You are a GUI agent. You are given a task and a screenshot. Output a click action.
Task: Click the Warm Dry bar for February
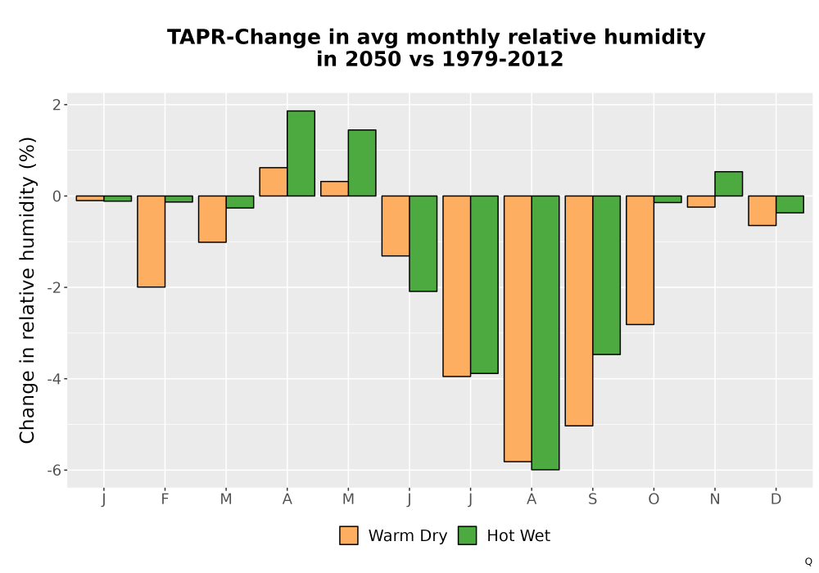pos(152,241)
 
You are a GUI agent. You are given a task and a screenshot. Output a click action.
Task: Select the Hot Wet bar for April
pos(301,153)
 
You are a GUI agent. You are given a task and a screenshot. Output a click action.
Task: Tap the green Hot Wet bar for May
pos(362,163)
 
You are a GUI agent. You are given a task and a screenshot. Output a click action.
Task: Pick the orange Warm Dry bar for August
pos(518,329)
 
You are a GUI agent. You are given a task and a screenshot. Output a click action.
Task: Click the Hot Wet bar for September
pos(606,275)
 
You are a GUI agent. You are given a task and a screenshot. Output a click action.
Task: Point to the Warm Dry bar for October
pos(640,260)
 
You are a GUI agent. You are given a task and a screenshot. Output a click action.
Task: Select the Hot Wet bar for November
pos(729,183)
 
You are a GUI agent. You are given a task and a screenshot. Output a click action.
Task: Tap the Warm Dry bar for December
pos(762,211)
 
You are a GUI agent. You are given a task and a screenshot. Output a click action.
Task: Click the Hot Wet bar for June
pos(423,244)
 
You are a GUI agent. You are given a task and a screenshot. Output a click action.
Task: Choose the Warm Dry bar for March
pos(213,219)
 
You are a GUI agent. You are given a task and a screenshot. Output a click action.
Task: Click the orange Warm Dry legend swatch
pos(349,535)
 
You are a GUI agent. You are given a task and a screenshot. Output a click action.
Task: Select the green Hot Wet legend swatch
pos(468,535)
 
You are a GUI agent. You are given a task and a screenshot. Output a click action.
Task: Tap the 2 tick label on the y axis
pos(57,105)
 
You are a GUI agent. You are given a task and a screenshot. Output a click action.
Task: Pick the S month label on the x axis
pos(592,499)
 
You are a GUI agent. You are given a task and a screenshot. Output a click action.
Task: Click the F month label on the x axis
pos(165,499)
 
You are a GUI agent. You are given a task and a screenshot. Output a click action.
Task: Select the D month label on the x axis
pos(776,499)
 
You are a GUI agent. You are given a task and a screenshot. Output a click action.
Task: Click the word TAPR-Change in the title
pos(244,38)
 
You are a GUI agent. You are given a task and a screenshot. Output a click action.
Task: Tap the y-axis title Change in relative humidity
pos(27,290)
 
